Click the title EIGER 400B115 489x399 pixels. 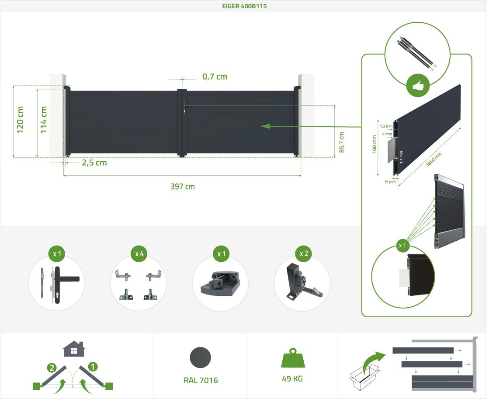point(244,6)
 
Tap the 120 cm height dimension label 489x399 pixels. point(20,120)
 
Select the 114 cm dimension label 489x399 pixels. point(43,120)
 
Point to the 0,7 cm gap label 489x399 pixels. point(215,77)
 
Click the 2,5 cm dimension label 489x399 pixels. point(94,163)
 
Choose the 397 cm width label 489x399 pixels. point(182,187)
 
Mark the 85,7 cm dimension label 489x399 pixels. point(341,142)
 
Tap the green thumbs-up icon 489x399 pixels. point(418,86)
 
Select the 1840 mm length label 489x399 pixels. point(434,160)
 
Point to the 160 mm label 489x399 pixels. point(374,144)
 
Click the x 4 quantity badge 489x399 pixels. point(139,254)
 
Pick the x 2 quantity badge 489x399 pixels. point(304,253)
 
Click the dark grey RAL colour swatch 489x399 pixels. point(200,357)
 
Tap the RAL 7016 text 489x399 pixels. point(201,380)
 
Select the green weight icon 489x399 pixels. point(292,358)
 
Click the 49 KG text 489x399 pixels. point(292,379)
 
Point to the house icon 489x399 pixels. point(73,349)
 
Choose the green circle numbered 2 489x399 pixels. point(52,368)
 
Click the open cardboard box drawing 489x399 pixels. point(364,377)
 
